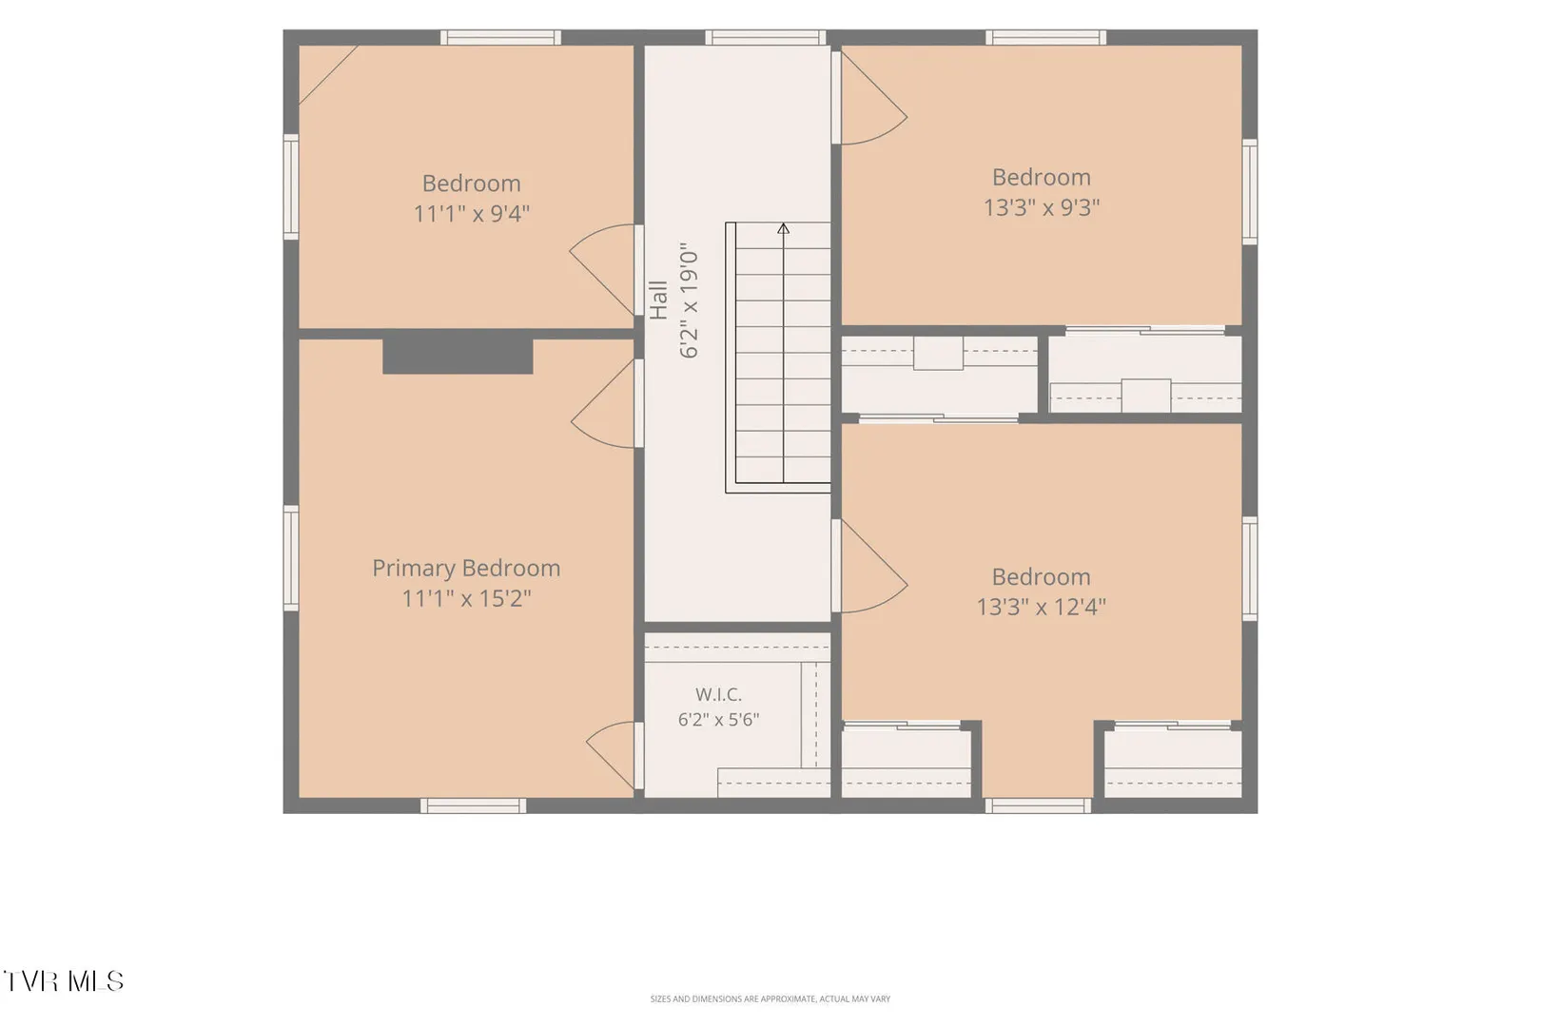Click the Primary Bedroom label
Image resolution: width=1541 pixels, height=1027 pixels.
pyautogui.click(x=466, y=569)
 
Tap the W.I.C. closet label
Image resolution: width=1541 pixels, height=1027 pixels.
pyautogui.click(x=718, y=694)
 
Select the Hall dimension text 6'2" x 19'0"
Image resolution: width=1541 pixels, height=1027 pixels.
pyautogui.click(x=690, y=300)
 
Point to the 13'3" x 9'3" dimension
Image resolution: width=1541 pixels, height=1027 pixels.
pyautogui.click(x=1042, y=207)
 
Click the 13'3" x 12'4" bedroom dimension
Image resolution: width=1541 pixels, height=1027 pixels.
pyautogui.click(x=1042, y=607)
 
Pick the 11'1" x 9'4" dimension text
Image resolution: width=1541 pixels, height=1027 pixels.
pyautogui.click(x=471, y=213)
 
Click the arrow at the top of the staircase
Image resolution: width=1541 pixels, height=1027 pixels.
pyautogui.click(x=784, y=229)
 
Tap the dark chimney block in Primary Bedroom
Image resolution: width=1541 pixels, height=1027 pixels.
pyautogui.click(x=458, y=357)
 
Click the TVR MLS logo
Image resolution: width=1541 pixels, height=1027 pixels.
pyautogui.click(x=64, y=981)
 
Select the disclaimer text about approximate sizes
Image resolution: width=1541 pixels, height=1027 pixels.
pyautogui.click(x=770, y=998)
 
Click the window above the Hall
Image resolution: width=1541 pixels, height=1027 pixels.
pyautogui.click(x=765, y=37)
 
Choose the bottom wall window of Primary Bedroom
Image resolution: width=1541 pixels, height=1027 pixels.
pyautogui.click(x=474, y=805)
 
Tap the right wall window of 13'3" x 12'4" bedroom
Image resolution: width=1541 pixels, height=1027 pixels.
pyautogui.click(x=1250, y=569)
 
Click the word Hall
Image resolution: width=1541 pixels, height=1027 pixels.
pyautogui.click(x=658, y=300)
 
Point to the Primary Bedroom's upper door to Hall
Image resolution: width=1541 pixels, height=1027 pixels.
pyautogui.click(x=605, y=403)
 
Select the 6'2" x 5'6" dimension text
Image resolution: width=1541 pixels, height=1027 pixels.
pyautogui.click(x=718, y=720)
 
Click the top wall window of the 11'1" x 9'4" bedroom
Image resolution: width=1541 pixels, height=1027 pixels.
pyautogui.click(x=500, y=37)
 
